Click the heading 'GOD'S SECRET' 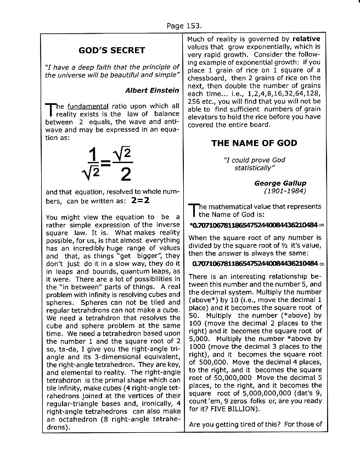coord(112,51)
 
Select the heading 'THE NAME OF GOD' coord(254,143)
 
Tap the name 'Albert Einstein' coord(152,90)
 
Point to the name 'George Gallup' coord(280,183)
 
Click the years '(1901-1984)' coord(285,191)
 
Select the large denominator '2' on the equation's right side coord(126,174)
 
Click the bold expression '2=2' coord(140,202)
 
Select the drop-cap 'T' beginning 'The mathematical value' coord(193,211)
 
